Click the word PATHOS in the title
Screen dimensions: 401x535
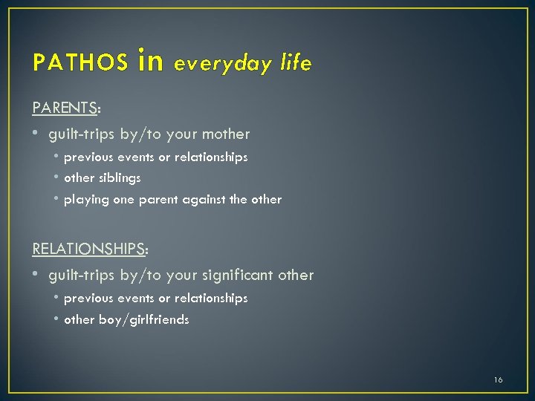[80, 64]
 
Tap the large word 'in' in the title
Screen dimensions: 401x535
[150, 61]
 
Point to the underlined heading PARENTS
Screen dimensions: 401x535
[65, 108]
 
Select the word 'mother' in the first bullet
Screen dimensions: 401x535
[226, 134]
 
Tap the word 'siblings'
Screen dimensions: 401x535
[119, 178]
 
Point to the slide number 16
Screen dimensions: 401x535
[498, 379]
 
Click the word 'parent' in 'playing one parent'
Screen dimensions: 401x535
[152, 200]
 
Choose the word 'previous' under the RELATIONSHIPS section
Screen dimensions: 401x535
[88, 298]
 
